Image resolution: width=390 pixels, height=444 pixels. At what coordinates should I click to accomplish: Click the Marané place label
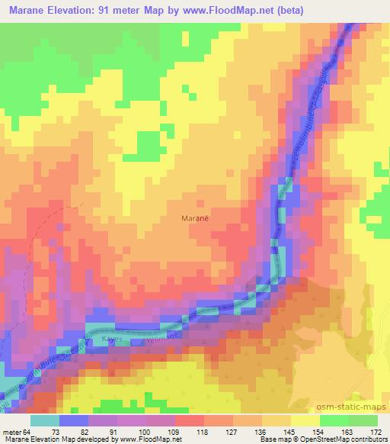[x=195, y=217]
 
